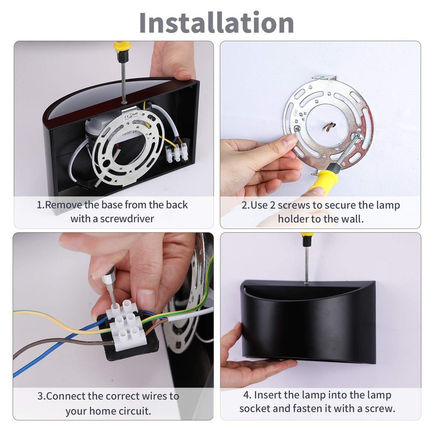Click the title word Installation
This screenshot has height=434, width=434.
coord(216,23)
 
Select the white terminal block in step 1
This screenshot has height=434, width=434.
coord(177,152)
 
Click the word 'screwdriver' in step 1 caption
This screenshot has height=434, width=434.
coord(127,219)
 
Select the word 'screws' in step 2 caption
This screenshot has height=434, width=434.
coord(293,206)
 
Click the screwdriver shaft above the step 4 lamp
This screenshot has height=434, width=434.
coord(306,266)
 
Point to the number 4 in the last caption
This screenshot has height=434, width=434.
coord(247,395)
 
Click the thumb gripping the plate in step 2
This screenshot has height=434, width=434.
coord(279,143)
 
